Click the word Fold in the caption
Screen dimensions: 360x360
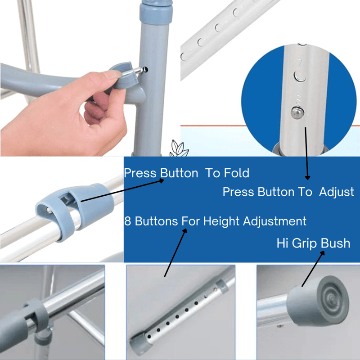tap(237, 173)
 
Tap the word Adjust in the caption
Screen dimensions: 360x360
tap(337, 193)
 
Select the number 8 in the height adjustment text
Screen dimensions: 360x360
tap(127, 221)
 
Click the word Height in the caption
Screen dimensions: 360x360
tap(221, 221)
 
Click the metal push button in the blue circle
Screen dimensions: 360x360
tap(297, 112)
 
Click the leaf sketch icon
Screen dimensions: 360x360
tap(179, 148)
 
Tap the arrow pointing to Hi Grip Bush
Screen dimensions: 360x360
tap(313, 269)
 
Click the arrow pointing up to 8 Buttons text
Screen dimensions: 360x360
tap(175, 252)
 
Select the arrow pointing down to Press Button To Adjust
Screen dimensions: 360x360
tap(306, 153)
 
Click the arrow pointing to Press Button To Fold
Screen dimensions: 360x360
tap(122, 190)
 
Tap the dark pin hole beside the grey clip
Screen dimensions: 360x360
tap(145, 69)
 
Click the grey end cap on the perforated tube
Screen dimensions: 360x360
tap(139, 344)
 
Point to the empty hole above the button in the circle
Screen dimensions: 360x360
tap(300, 76)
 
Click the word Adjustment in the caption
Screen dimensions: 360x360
tap(274, 221)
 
